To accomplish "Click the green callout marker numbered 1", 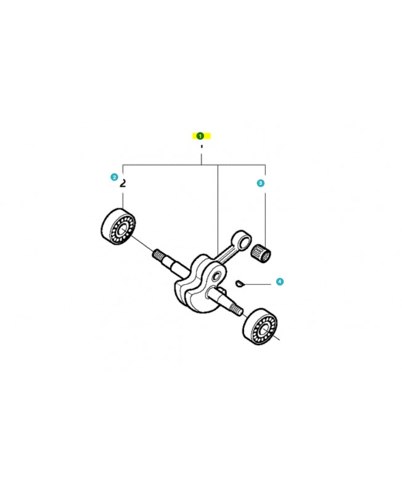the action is click(200, 136).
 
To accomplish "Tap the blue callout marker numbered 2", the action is click(114, 177).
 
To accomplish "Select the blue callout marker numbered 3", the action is click(260, 183).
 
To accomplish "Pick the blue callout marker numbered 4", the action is click(280, 282).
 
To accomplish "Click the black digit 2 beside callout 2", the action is click(123, 183).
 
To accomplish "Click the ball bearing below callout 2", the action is click(118, 226).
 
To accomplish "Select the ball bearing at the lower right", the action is click(260, 327).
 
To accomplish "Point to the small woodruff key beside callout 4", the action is click(239, 283).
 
